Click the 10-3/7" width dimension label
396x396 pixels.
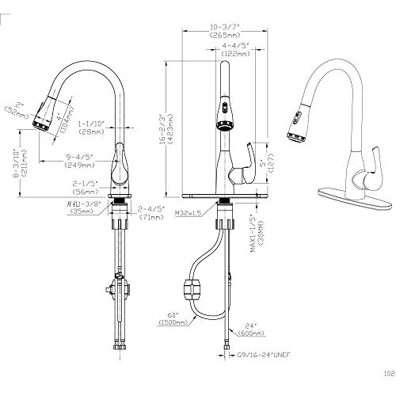tap(227, 30)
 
